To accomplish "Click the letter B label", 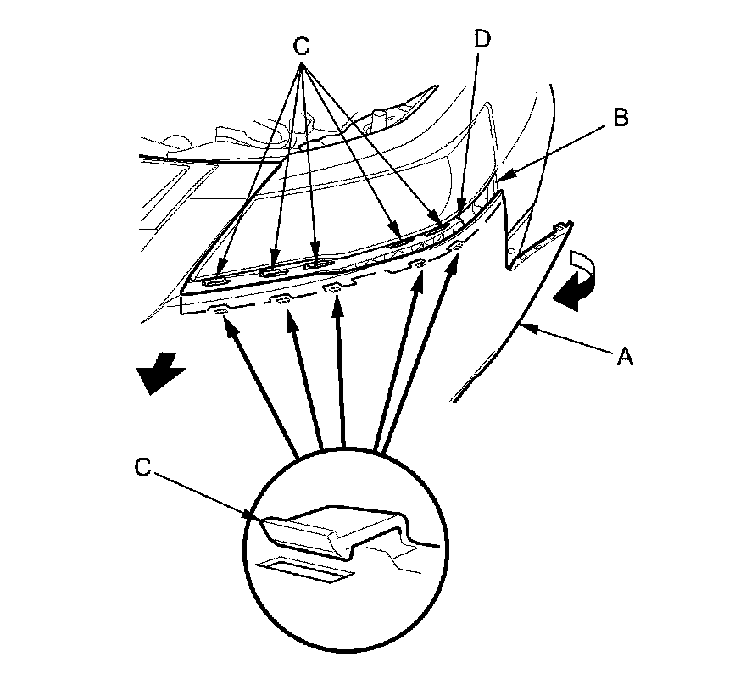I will [x=621, y=119].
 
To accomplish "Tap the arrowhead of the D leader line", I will [x=460, y=205].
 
